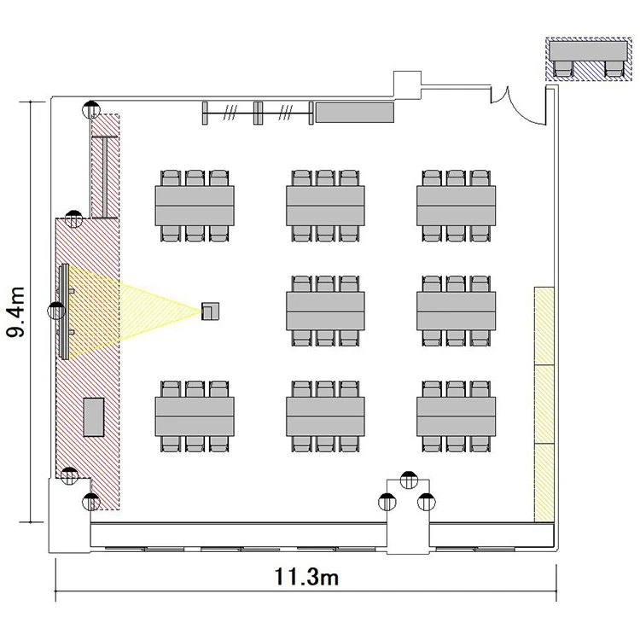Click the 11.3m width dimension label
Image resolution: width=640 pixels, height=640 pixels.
tap(306, 577)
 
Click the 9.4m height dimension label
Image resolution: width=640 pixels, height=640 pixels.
tap(16, 311)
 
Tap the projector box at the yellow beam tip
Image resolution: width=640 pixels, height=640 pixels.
tap(210, 311)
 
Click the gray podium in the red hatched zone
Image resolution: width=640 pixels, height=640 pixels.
tap(94, 417)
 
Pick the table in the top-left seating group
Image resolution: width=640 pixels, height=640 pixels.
tap(195, 206)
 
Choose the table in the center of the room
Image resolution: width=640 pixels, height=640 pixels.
tap(325, 311)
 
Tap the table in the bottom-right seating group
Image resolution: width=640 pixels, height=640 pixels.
tap(456, 416)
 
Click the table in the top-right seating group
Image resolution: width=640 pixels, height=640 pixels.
tap(456, 206)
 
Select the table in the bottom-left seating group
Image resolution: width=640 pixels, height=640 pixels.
tap(195, 416)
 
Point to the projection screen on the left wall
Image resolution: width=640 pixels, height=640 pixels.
tap(64, 311)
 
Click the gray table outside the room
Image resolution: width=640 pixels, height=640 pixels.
tap(588, 50)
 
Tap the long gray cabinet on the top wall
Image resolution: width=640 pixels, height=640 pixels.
tap(355, 113)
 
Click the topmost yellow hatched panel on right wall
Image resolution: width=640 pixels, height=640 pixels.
tap(544, 326)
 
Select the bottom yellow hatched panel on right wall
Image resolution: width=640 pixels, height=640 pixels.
tap(544, 482)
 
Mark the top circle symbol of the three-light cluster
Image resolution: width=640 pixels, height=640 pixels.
tap(409, 480)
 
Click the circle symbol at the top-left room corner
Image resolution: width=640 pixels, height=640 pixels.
tap(91, 110)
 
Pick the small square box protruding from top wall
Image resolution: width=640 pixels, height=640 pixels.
tap(407, 84)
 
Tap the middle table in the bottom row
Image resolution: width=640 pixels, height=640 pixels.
tap(325, 416)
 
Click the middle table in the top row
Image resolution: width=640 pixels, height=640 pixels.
tap(325, 206)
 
